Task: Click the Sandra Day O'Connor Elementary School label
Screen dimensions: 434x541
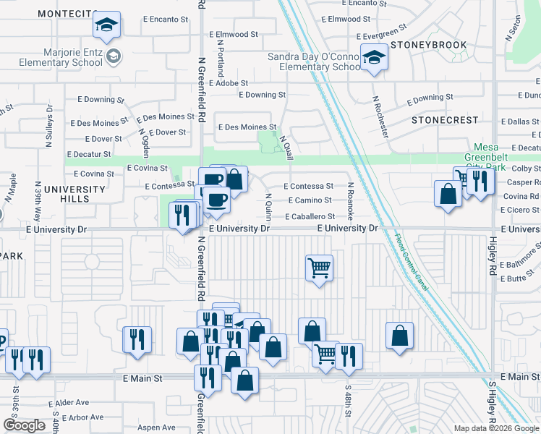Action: (314, 61)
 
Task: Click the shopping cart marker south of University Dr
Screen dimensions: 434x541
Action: (319, 269)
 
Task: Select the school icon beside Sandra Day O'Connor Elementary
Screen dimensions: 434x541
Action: (375, 57)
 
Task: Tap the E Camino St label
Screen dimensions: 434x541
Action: (310, 200)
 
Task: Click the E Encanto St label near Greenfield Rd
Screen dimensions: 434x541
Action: (153, 20)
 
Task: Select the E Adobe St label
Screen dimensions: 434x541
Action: (228, 83)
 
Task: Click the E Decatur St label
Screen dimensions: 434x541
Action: (88, 154)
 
